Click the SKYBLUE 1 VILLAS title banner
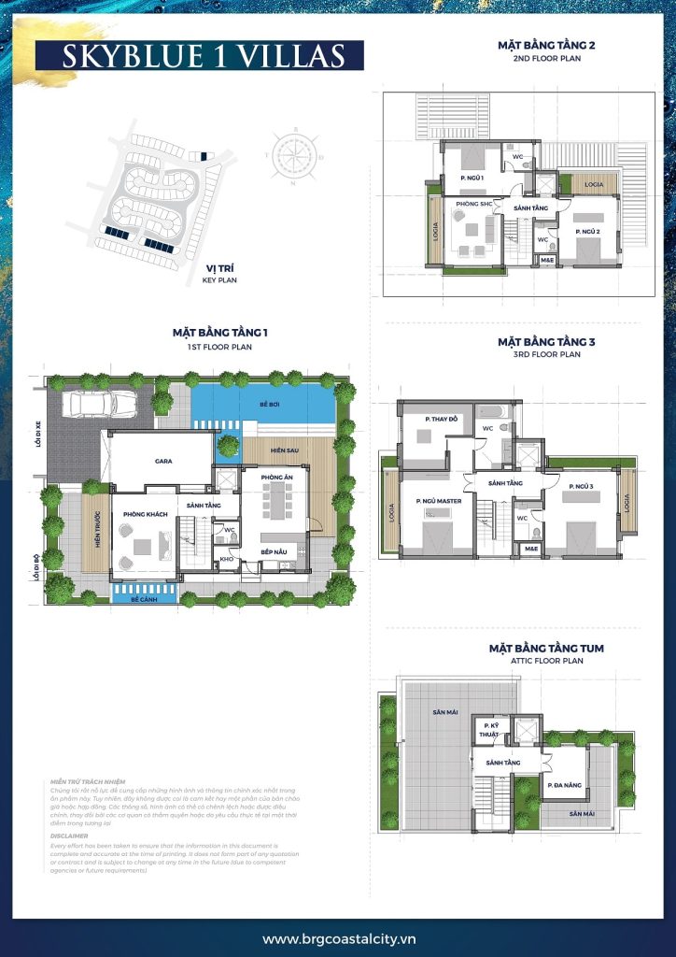pos(190,55)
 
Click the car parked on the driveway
pos(97,404)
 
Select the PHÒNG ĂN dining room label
pos(277,478)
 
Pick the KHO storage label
pos(225,559)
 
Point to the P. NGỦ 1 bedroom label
pos(472,177)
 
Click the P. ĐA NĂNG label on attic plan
pos(565,784)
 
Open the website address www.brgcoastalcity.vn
pos(337,938)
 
